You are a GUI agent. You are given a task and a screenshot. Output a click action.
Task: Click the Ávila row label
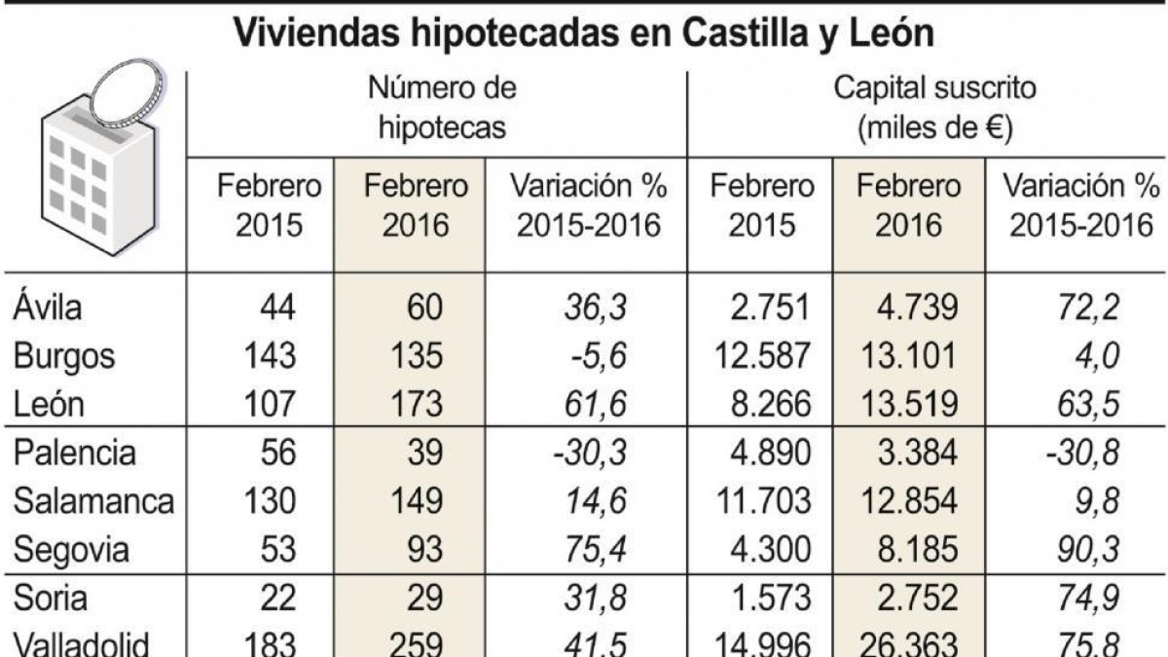click(x=48, y=308)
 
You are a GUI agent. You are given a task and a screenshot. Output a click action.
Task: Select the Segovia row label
click(x=72, y=551)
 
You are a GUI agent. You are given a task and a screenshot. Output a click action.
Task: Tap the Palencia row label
click(x=75, y=454)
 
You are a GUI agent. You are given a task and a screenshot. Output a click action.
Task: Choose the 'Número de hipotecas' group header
click(x=437, y=107)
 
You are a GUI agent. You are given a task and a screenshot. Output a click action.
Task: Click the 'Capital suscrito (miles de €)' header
click(x=935, y=107)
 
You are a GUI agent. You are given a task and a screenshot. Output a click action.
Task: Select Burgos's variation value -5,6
click(x=598, y=356)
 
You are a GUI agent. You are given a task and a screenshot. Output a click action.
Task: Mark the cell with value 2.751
click(x=770, y=308)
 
